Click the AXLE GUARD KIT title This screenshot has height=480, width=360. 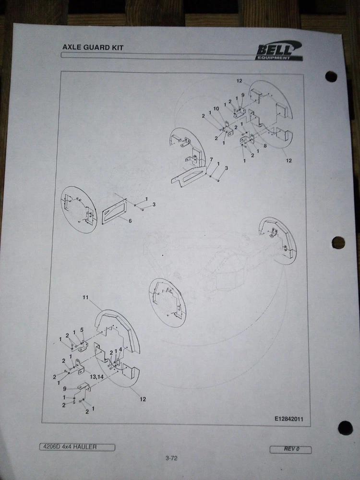(93, 48)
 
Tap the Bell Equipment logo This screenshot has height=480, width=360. (279, 51)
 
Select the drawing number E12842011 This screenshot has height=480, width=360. (288, 419)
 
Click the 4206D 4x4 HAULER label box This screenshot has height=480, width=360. (77, 447)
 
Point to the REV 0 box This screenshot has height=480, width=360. (290, 449)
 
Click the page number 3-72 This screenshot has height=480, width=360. (171, 458)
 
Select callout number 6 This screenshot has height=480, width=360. (130, 221)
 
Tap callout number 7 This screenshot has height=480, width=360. (211, 159)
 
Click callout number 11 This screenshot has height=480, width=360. (85, 297)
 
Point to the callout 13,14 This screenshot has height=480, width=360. (97, 377)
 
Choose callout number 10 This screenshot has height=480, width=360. (216, 108)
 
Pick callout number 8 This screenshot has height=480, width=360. (265, 146)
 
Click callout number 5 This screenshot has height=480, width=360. (82, 330)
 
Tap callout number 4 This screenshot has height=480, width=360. (120, 349)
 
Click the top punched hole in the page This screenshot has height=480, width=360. (331, 76)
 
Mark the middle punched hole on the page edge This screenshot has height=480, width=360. (338, 243)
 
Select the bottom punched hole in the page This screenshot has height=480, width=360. (345, 428)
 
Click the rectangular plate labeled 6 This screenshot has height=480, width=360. (114, 211)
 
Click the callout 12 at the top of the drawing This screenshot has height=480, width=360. (240, 81)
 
